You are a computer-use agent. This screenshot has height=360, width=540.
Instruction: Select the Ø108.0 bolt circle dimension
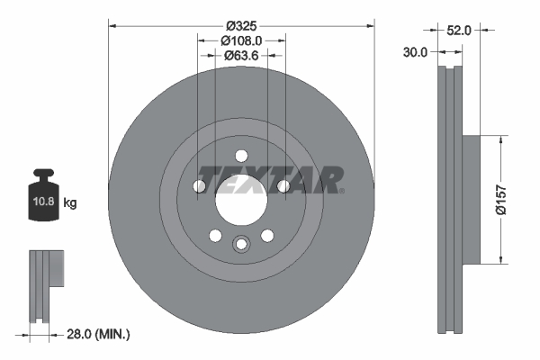pos(241,40)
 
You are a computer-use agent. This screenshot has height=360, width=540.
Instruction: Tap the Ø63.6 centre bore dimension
pos(241,57)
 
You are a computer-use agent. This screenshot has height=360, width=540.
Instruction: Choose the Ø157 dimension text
pos(510,200)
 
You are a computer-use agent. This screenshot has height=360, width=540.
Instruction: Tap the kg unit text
pos(70,203)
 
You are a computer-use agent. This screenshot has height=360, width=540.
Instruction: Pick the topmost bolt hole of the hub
pos(241,154)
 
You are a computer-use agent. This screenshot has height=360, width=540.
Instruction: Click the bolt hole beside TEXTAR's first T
pos(200,186)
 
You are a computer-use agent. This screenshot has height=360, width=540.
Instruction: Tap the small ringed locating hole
pos(241,244)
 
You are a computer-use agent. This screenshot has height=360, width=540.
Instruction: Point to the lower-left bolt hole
pos(215,236)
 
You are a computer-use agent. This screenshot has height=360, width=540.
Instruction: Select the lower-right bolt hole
pos(267,236)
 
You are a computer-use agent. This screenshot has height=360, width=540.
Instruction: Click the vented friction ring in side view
pos(449,200)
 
